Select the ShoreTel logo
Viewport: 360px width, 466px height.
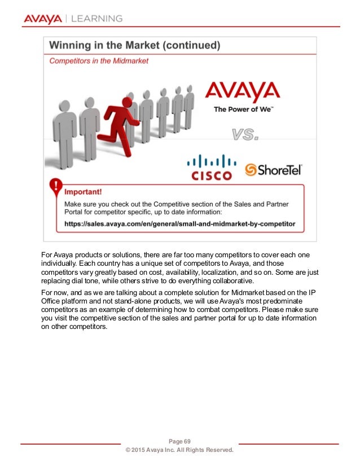coord(274,169)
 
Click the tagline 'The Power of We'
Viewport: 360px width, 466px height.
coord(243,109)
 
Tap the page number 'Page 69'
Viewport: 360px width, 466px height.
coord(180,441)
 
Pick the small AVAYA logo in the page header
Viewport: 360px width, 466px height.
coord(43,19)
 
